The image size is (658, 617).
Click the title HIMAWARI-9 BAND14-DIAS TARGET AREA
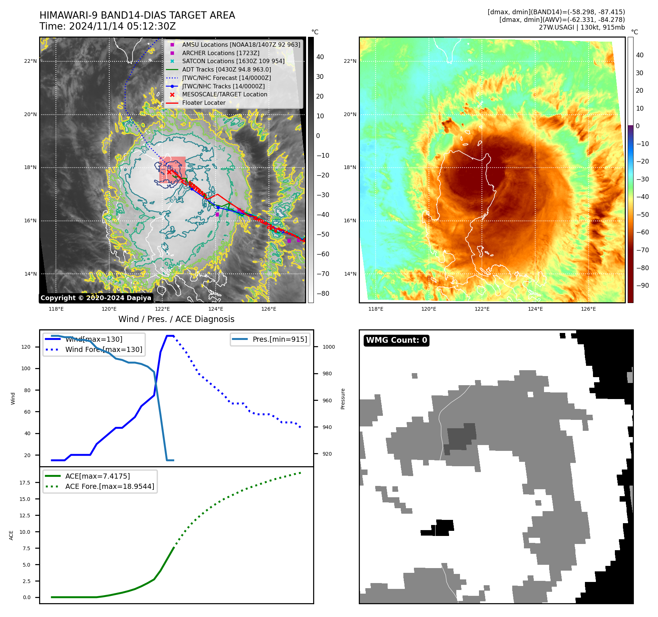(137, 15)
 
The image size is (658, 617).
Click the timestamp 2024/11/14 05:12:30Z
(122, 27)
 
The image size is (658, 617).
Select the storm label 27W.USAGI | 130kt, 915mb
(582, 27)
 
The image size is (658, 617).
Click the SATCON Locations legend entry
(233, 61)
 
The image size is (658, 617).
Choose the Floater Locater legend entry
(204, 103)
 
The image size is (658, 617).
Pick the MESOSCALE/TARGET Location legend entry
(224, 95)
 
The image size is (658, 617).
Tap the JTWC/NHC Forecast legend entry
(226, 78)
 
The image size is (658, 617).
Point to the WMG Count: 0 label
(396, 340)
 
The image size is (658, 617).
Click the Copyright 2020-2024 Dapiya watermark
(96, 298)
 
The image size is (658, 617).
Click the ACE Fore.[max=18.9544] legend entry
(109, 487)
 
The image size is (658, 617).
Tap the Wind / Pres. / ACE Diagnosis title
(176, 319)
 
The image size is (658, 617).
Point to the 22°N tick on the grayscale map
(31, 61)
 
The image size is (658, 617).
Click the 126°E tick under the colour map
(588, 309)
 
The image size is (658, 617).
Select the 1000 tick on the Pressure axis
(328, 347)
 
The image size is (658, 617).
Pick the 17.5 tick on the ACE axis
(25, 483)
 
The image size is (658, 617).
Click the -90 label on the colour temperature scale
(642, 285)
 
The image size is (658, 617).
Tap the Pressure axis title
(343, 399)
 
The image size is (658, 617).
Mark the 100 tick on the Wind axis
(26, 369)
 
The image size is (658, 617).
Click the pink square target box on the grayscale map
(172, 170)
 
